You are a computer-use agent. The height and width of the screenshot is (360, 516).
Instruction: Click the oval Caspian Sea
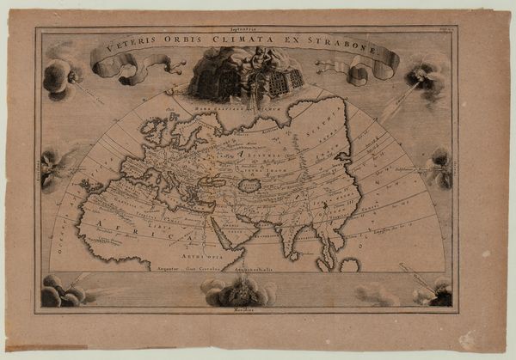[249, 185]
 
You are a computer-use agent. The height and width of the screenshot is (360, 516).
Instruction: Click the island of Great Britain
[157, 135]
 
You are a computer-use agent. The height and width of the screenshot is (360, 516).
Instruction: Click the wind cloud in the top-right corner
[426, 73]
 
